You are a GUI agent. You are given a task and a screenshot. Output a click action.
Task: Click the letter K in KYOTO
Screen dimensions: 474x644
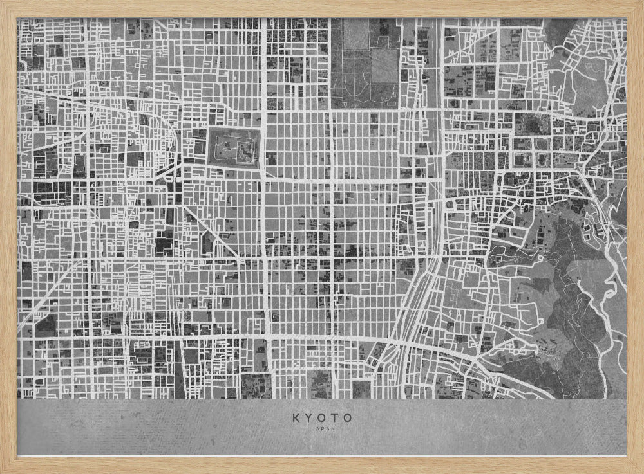(296, 418)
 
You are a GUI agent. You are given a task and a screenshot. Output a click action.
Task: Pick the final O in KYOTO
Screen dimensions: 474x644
(348, 418)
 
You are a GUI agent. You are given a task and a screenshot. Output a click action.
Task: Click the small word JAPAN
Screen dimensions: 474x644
(322, 429)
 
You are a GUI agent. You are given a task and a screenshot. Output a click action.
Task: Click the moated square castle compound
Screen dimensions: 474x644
(233, 148)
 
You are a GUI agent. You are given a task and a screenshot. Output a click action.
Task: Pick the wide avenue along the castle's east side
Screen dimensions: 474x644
(263, 148)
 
